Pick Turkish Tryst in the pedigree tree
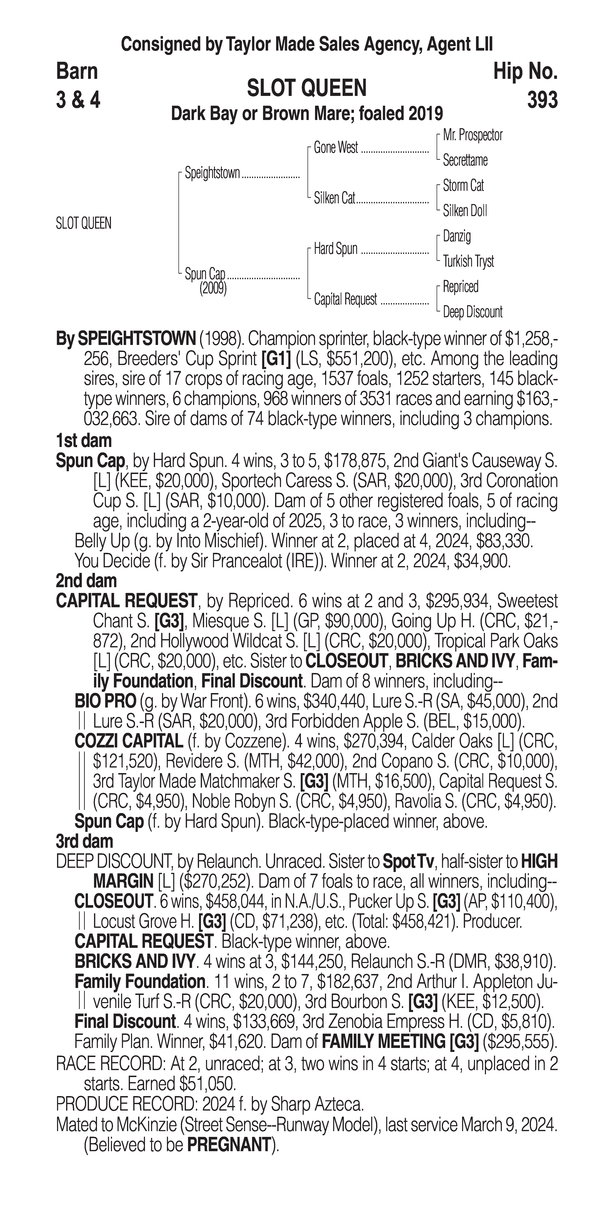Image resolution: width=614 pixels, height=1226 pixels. pos(468,261)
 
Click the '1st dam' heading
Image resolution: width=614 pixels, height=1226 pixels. pos(84,441)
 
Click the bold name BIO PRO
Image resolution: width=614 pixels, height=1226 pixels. pos(105,701)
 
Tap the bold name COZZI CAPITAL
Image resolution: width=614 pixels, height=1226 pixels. pos(129,741)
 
